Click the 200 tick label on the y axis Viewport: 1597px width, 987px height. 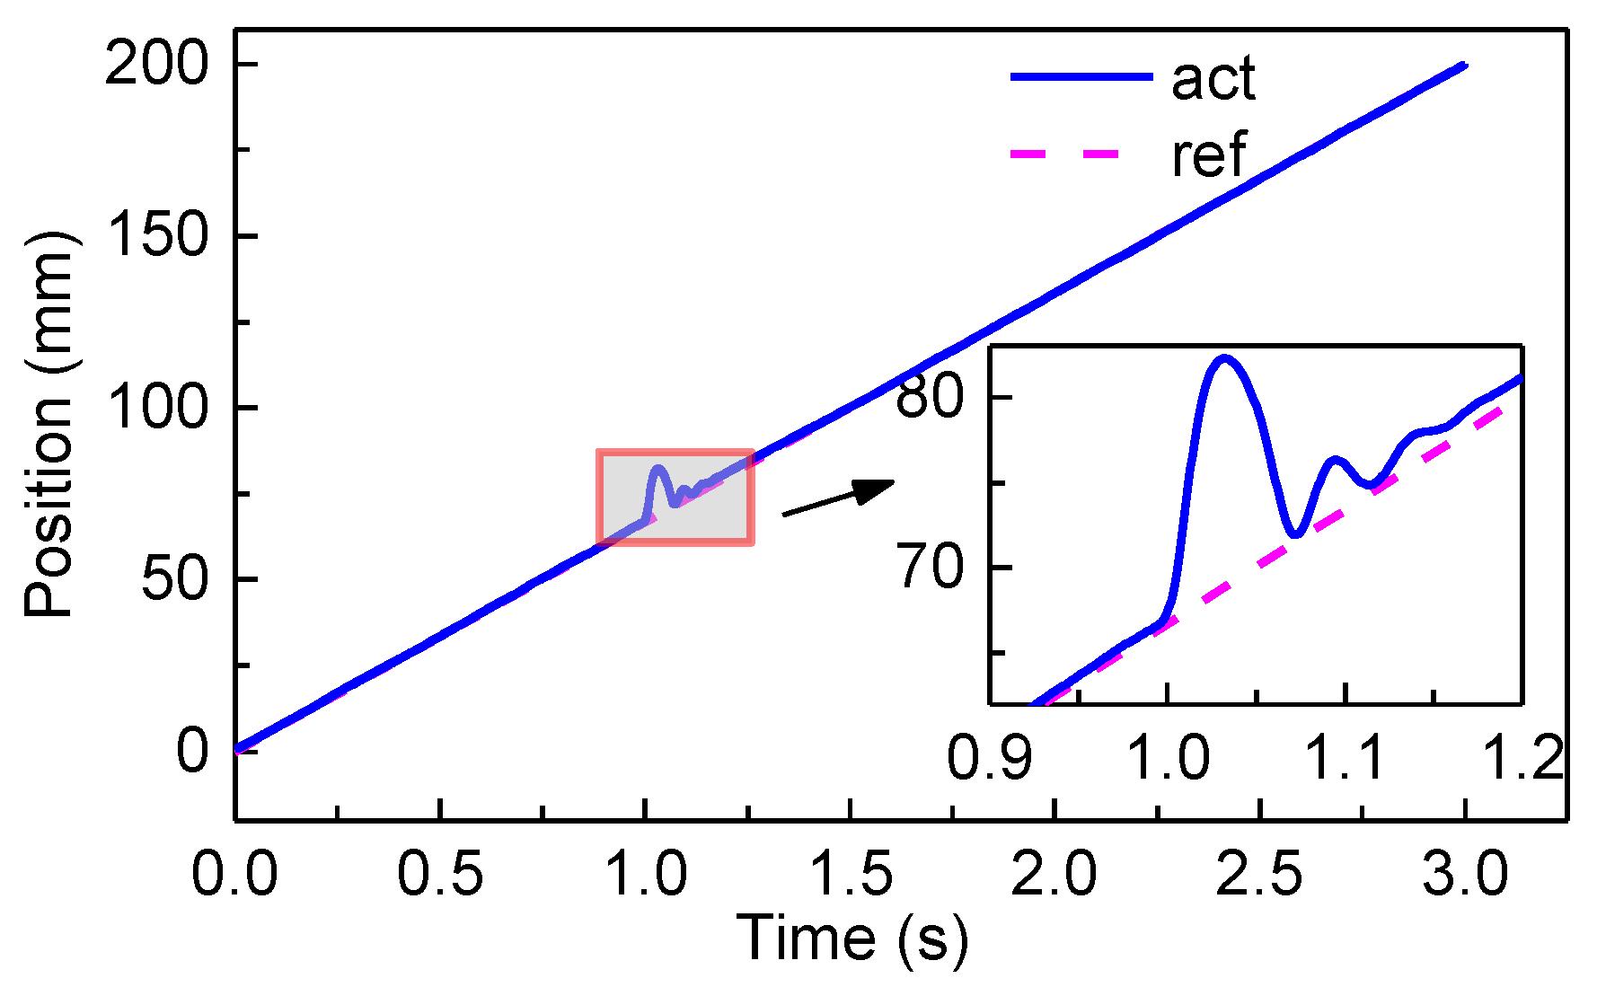pos(156,66)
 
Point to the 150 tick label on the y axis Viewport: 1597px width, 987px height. pos(156,237)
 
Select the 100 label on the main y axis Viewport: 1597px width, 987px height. pos(156,408)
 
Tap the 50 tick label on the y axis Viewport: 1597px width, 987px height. pos(174,579)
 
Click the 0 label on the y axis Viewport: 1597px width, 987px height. pos(192,751)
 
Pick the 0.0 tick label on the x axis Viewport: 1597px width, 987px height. pos(234,873)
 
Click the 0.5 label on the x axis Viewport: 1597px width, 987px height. pos(440,873)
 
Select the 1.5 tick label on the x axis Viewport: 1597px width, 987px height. pos(851,873)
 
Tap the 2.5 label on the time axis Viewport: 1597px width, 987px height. pos(1259,873)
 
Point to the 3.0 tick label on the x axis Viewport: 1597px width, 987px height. pos(1465,873)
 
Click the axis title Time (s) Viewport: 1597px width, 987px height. pos(852,939)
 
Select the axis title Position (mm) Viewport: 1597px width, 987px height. pos(49,424)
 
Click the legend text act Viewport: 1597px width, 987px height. pos(1213,78)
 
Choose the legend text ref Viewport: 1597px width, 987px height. pos(1209,154)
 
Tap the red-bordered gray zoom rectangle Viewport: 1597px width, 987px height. pos(675,497)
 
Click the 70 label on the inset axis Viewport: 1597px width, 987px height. pos(930,567)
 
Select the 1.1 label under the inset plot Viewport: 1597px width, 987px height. pos(1345,756)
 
